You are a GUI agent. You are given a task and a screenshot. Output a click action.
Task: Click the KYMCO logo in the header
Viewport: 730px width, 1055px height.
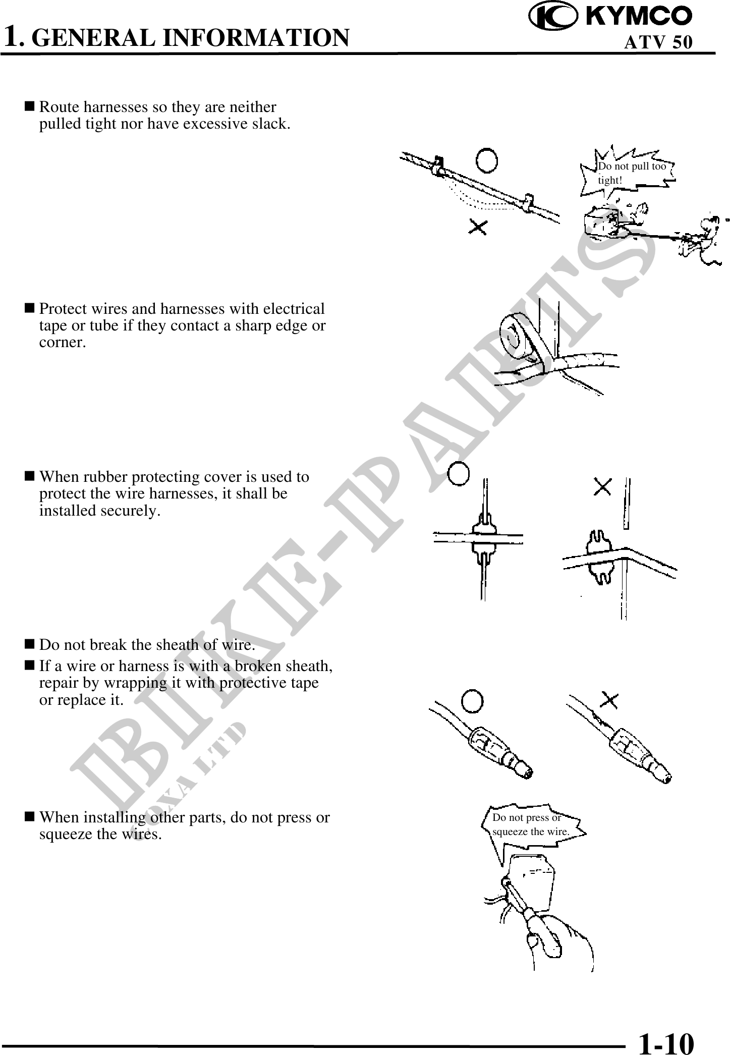(610, 16)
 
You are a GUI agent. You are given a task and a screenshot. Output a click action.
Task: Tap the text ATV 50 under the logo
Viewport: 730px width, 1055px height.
(658, 42)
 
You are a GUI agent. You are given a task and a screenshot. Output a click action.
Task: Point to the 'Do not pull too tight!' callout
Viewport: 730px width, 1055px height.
(631, 173)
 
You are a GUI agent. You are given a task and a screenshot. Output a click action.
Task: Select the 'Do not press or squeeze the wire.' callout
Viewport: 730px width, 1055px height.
(530, 824)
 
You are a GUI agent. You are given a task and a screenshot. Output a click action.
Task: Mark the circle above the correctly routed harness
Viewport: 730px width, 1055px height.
(487, 160)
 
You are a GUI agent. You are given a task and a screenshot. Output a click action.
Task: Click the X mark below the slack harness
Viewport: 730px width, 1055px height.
(478, 227)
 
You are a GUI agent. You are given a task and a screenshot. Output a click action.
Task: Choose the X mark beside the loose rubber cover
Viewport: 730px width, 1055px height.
(603, 487)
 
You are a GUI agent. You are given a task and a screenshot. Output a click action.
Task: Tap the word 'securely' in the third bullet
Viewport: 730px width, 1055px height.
(129, 511)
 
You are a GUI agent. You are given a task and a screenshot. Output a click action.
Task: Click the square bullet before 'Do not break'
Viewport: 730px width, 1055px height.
(30, 644)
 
